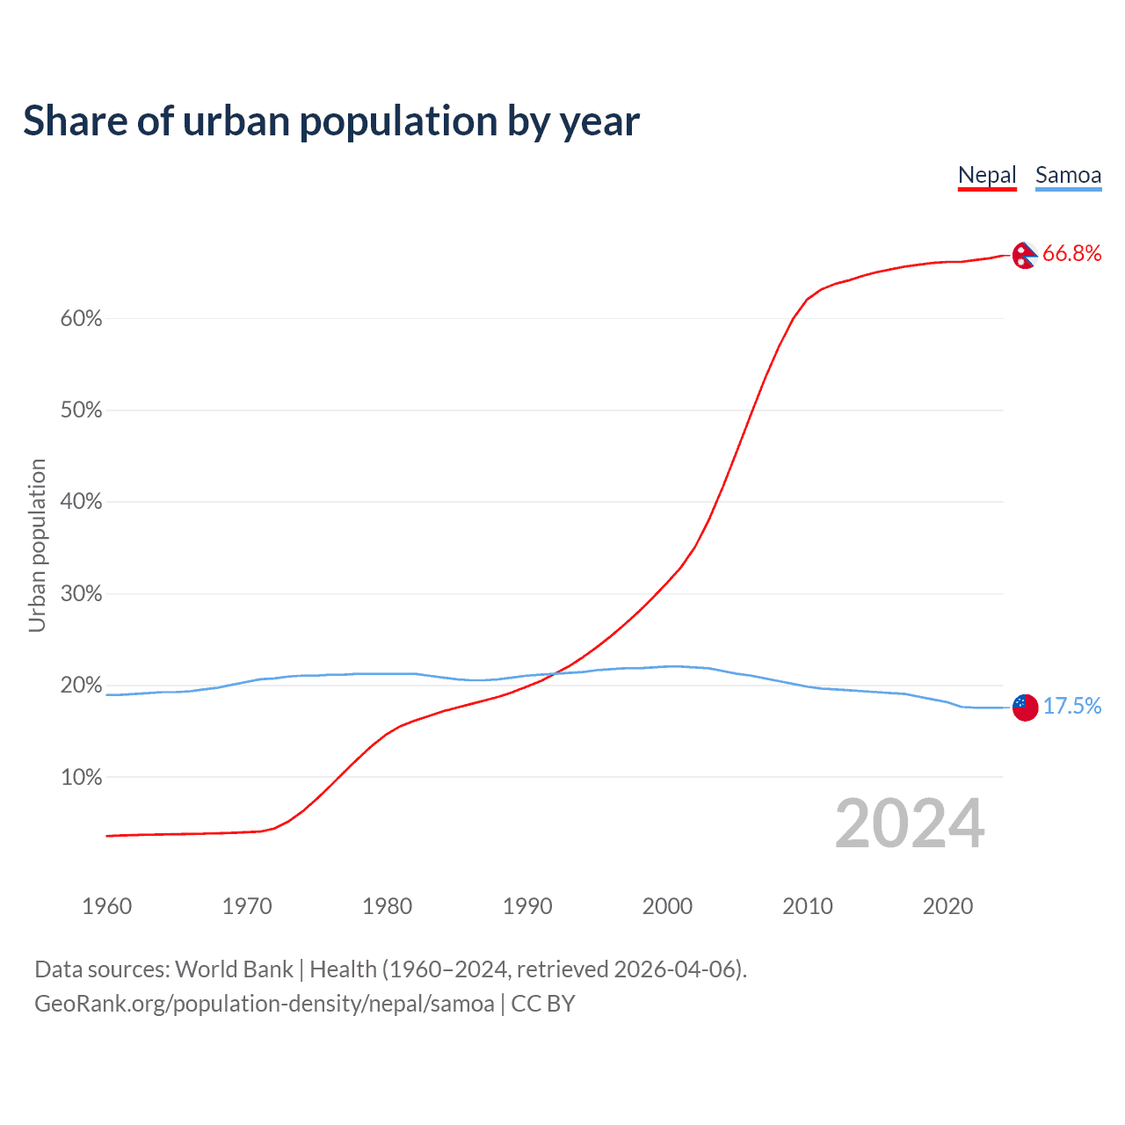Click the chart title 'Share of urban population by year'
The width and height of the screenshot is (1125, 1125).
coord(331,121)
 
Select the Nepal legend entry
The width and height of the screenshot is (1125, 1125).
coord(987,175)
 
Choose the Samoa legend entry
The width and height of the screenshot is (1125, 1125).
coord(1068,175)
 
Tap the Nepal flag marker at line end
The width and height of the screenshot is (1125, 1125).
coord(1025,255)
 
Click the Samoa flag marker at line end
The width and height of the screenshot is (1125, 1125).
coord(1025,707)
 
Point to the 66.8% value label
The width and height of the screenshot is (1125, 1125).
coord(1071,254)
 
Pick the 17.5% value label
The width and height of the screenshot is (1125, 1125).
coord(1071,707)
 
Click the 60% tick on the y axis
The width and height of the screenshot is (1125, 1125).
coord(81,319)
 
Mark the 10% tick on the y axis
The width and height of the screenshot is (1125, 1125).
coord(81,778)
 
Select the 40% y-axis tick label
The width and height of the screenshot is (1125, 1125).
coord(81,502)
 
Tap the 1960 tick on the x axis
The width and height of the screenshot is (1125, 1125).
coord(106,906)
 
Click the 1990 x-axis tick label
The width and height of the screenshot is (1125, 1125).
coord(527,906)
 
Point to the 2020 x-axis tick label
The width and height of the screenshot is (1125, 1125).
coord(947,906)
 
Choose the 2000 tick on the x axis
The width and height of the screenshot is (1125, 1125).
coord(667,906)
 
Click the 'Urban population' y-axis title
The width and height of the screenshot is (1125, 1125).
coord(37,545)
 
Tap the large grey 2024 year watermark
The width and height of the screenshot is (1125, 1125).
coord(909,824)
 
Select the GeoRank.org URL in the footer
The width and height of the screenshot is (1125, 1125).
coord(264,1004)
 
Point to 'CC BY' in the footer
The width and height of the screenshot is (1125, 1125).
coord(543,1004)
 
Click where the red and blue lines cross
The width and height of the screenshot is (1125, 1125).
coord(553,674)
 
